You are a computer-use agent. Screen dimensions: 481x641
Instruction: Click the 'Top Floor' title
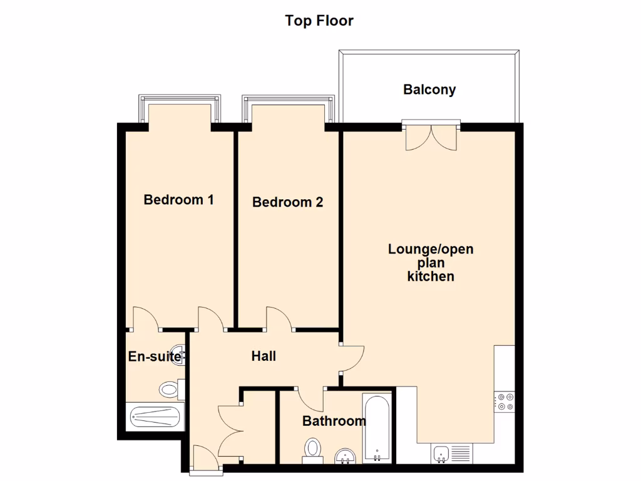(319, 21)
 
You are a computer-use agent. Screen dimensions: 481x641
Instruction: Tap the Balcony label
(429, 90)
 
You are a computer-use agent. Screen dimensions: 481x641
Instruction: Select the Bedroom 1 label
(178, 200)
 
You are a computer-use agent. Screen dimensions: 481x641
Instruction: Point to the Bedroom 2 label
(287, 202)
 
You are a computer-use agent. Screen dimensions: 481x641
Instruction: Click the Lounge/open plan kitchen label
(431, 262)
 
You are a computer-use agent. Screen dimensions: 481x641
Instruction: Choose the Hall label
(264, 356)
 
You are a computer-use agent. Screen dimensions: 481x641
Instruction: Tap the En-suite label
(154, 357)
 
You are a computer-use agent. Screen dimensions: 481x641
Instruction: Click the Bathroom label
(334, 421)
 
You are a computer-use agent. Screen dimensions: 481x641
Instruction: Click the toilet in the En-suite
(170, 390)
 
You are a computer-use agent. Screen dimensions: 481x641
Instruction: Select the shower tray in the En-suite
(154, 416)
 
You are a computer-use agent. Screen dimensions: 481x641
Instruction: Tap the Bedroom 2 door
(279, 318)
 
